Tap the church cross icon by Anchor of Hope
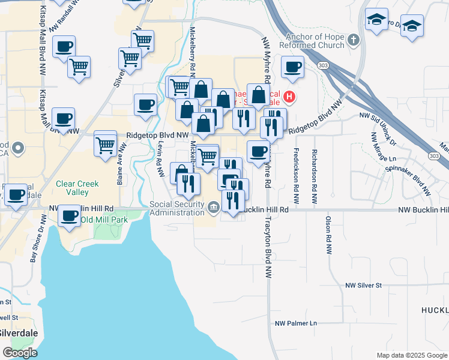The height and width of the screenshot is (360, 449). click(354, 40)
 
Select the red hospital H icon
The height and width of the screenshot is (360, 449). click(289, 96)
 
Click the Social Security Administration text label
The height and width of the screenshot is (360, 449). click(177, 208)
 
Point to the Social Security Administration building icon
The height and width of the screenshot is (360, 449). click(214, 209)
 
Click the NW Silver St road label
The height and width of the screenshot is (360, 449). click(363, 286)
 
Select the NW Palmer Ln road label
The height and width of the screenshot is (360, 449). click(296, 323)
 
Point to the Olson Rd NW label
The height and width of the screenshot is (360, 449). click(328, 236)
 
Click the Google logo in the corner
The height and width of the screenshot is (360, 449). click(20, 353)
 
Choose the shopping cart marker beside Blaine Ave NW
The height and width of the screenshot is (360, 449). click(106, 145)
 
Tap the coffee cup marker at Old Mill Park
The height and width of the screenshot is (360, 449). click(70, 215)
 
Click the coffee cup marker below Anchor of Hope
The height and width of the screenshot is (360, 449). click(292, 68)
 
